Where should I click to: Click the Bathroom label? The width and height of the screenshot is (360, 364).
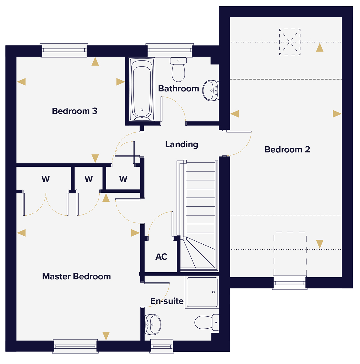point(178,88)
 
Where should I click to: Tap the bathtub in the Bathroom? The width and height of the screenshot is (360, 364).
point(142,89)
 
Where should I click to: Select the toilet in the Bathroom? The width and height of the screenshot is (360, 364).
point(178,70)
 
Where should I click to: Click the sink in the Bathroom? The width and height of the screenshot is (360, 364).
point(211,91)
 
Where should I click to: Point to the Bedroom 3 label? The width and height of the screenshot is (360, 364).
point(74,111)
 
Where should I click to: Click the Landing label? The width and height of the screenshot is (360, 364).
point(181,145)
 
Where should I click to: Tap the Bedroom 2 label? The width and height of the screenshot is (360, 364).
point(287,150)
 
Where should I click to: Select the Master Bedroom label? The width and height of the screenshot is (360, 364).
point(76,276)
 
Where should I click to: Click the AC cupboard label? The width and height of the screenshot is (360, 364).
point(161,257)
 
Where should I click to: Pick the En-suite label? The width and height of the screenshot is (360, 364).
point(167,301)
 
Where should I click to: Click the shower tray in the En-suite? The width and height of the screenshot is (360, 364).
point(202,292)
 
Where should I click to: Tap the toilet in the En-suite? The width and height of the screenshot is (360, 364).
point(207,322)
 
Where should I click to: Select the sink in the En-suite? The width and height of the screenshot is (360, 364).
point(153,324)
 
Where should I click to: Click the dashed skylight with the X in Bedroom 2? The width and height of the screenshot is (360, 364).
point(290,42)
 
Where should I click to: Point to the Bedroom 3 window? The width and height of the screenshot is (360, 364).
point(64,50)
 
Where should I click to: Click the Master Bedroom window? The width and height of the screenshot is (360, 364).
point(75,346)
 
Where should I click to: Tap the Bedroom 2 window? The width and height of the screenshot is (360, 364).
point(290,283)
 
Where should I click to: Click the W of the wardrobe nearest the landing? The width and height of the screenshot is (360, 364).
point(123,179)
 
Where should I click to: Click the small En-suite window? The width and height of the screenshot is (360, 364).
point(162,346)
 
